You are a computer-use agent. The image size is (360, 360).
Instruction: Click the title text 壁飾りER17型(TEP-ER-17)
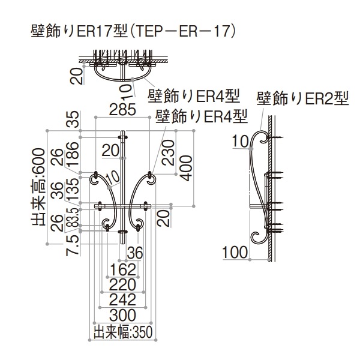coord(132,30)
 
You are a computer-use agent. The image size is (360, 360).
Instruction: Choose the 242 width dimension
coord(123,299)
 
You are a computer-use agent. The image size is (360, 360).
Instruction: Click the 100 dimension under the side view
coord(235,251)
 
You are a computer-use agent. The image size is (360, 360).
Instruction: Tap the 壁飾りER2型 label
coord(302,97)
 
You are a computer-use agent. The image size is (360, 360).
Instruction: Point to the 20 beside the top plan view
coord(74,76)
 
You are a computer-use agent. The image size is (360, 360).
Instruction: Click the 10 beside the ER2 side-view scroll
coord(241,142)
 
